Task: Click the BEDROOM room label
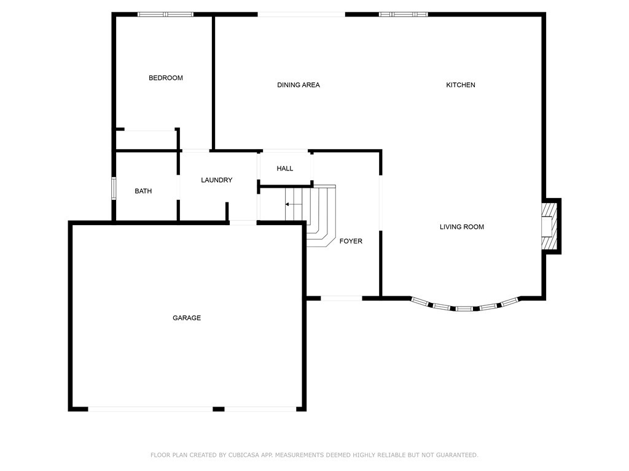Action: pyautogui.click(x=166, y=78)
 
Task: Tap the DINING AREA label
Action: pyautogui.click(x=299, y=85)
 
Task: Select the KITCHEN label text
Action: pyautogui.click(x=461, y=85)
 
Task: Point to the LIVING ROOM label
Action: pyautogui.click(x=462, y=227)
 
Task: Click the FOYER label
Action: pyautogui.click(x=351, y=241)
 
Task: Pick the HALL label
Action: pyautogui.click(x=285, y=168)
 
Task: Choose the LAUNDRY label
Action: pyautogui.click(x=217, y=180)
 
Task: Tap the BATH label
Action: pyautogui.click(x=143, y=191)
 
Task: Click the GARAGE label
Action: pyautogui.click(x=187, y=318)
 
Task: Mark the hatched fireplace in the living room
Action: pyautogui.click(x=548, y=226)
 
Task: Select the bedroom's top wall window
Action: pyautogui.click(x=165, y=14)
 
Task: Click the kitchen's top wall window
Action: pyautogui.click(x=403, y=14)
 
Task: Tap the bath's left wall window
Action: pyautogui.click(x=114, y=188)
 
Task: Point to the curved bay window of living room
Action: pyautogui.click(x=465, y=306)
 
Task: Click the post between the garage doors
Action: pyautogui.click(x=218, y=408)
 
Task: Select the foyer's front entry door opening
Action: pyautogui.click(x=342, y=298)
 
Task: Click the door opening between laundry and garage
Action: pyautogui.click(x=243, y=222)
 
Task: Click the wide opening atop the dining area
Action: pyautogui.click(x=301, y=14)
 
